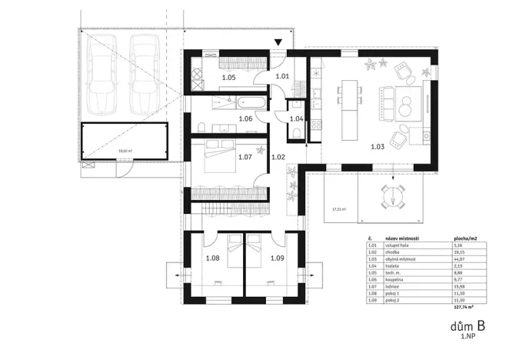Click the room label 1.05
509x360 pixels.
point(229,78)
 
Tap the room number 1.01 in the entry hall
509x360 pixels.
point(282,76)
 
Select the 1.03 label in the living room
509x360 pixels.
point(377,145)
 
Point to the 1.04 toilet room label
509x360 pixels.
point(296,118)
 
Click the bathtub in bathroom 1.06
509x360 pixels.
point(251,102)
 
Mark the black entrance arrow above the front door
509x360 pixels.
point(279,43)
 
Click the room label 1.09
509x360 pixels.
point(278,258)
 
